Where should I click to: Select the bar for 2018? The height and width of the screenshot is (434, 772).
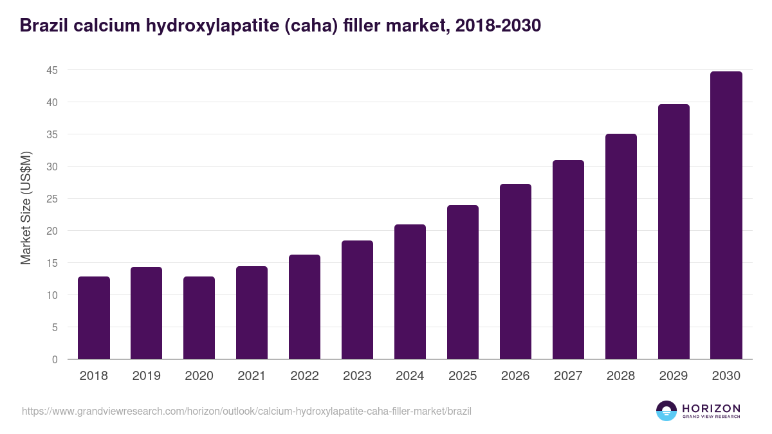click(x=94, y=318)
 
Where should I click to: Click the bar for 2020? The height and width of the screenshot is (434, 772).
click(x=199, y=318)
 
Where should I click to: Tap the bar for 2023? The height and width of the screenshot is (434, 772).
click(x=358, y=300)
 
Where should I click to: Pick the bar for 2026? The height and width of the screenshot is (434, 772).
click(x=516, y=271)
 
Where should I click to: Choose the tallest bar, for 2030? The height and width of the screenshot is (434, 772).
click(x=726, y=215)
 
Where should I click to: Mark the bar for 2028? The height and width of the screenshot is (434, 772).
click(x=621, y=246)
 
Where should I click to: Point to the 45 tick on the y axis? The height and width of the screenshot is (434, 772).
click(x=52, y=70)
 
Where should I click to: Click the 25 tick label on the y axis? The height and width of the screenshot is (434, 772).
click(x=52, y=199)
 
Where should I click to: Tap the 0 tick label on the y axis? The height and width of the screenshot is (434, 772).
click(x=55, y=359)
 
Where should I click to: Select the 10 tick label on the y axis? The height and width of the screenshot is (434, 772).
click(x=52, y=295)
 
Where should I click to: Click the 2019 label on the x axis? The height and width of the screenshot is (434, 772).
click(x=147, y=376)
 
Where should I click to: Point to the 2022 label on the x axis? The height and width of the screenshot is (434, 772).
click(x=305, y=376)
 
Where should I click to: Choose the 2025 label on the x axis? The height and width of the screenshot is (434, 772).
click(x=463, y=376)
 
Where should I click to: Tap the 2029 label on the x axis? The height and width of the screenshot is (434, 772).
click(x=674, y=376)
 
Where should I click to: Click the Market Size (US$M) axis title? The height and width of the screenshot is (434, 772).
click(x=26, y=208)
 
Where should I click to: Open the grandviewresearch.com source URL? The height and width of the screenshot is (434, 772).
click(x=246, y=411)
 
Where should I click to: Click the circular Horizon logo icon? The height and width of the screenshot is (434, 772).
click(x=666, y=411)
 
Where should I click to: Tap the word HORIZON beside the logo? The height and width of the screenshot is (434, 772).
click(x=712, y=408)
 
